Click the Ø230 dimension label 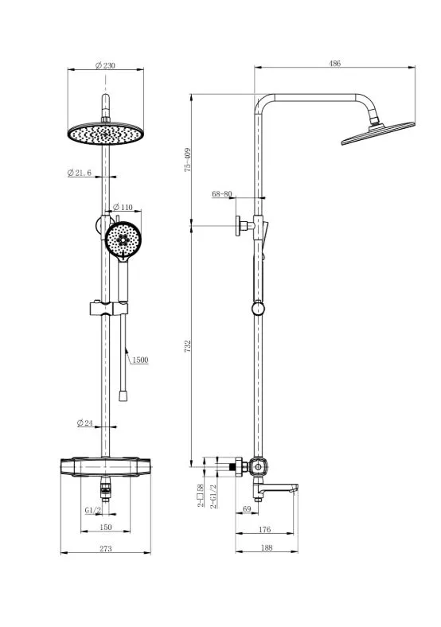[105, 65]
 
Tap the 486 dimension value [334, 63]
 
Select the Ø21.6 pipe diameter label [80, 173]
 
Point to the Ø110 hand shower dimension [123, 207]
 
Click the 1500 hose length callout [140, 360]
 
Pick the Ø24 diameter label [85, 423]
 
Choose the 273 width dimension [106, 549]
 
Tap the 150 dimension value [106, 527]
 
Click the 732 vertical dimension [188, 346]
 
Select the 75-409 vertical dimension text [188, 160]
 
